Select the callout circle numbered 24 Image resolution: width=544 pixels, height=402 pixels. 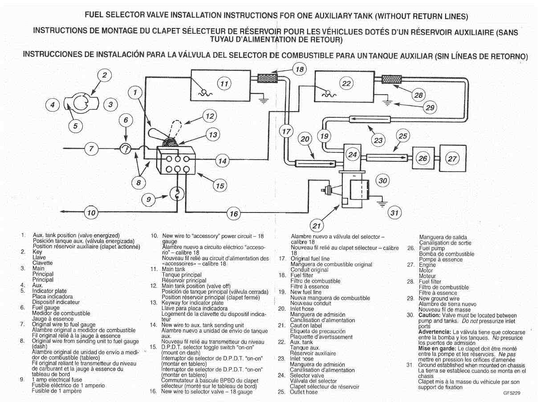(353, 155)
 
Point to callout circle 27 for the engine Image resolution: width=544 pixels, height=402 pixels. (452, 158)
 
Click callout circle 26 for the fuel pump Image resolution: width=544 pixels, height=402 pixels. (423, 158)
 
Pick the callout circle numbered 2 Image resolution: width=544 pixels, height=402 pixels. (104, 75)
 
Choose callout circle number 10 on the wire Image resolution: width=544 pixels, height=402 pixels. (91, 213)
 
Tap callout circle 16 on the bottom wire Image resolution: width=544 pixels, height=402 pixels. (233, 214)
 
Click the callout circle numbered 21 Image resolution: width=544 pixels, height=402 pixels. (317, 226)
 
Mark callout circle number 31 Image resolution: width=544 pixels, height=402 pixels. (394, 213)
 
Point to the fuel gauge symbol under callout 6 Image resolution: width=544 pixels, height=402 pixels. (126, 149)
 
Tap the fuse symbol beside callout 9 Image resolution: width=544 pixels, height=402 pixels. (177, 194)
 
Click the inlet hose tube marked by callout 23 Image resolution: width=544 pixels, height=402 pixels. (369, 119)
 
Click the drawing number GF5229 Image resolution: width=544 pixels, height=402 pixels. (512, 393)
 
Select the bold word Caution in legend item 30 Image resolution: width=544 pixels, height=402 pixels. (429, 315)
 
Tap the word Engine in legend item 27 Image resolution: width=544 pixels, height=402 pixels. (427, 265)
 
